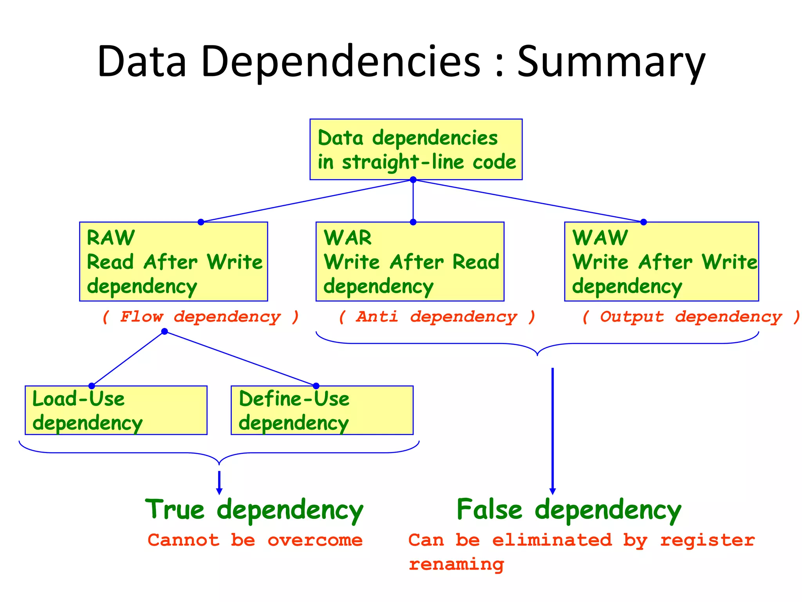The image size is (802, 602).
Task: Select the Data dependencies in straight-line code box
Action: pos(416,149)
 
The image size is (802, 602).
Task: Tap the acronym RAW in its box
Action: pos(111,238)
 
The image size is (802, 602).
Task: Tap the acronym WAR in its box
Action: pos(348,238)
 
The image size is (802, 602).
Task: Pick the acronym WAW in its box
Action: pos(600,238)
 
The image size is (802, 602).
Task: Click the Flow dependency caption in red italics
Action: pos(200,317)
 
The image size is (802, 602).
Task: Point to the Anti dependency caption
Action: pos(437,317)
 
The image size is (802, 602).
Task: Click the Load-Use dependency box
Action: pos(116,410)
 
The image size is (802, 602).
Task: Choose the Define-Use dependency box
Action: pos(322,410)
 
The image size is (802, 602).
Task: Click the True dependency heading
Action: pos(255,510)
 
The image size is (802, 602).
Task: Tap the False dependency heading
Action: pos(569,510)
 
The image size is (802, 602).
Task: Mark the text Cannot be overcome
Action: pos(255,540)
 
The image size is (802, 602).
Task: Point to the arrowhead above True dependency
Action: pos(219,491)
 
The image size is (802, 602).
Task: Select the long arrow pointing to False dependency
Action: pos(553,431)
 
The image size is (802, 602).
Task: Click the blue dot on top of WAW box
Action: pos(643,222)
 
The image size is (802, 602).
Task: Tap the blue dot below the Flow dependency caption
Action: pos(164,332)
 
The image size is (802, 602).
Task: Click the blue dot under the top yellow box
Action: pos(413,180)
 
